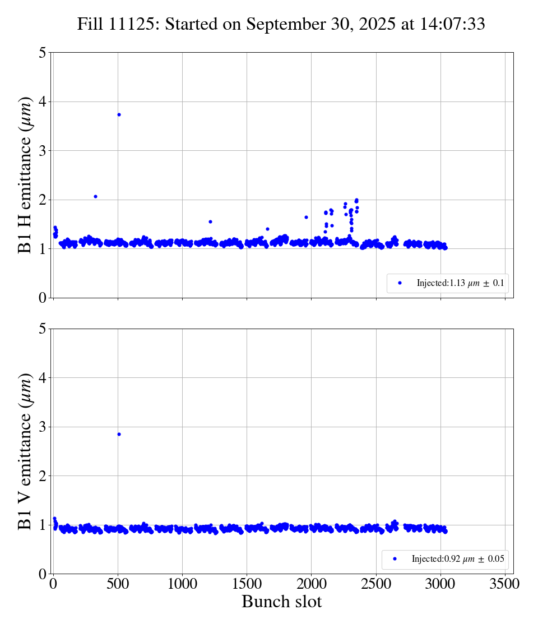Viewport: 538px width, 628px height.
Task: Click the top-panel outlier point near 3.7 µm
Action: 119,114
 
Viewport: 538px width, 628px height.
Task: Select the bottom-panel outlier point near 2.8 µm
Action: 119,434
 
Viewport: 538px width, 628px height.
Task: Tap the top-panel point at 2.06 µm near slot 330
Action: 95,196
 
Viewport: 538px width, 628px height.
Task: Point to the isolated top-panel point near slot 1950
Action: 306,217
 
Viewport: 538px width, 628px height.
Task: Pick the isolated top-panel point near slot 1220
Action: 210,221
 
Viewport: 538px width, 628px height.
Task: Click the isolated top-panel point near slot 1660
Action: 267,229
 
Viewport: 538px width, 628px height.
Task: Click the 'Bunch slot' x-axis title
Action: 282,602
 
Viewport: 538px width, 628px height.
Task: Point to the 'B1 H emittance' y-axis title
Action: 26,175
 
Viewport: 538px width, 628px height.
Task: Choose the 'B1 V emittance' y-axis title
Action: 26,451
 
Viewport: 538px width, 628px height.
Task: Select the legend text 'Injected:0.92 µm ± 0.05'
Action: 457,559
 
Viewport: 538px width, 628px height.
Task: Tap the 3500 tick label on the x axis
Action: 505,584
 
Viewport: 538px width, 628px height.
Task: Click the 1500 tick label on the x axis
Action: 247,584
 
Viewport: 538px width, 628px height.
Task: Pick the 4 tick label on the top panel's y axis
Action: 42,101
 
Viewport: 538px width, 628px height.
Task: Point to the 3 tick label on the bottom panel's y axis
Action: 42,427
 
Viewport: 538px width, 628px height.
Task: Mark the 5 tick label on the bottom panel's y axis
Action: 42,329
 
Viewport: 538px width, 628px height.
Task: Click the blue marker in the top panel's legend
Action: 400,283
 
